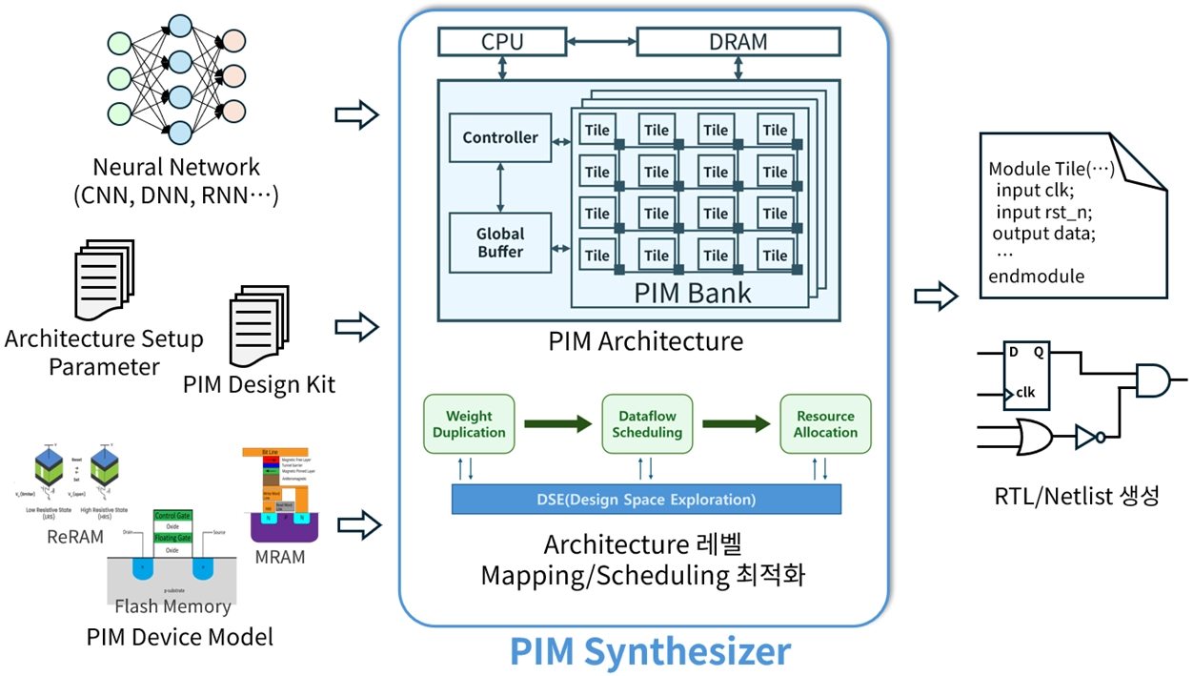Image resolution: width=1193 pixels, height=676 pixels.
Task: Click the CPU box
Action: pyautogui.click(x=502, y=42)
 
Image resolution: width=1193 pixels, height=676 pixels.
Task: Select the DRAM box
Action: pyautogui.click(x=738, y=42)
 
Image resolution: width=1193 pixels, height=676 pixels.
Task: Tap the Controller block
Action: pyautogui.click(x=500, y=138)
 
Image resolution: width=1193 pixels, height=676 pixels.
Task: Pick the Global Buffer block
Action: pyautogui.click(x=500, y=242)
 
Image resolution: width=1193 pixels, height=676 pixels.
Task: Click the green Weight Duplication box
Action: pyautogui.click(x=469, y=424)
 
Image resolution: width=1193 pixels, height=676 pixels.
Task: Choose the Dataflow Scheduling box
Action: pyautogui.click(x=647, y=424)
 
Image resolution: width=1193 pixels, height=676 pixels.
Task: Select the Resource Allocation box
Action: pyautogui.click(x=825, y=424)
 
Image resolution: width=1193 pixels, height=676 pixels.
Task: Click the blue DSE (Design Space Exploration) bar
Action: pyautogui.click(x=646, y=500)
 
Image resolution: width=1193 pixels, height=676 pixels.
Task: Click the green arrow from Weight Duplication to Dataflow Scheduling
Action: pyautogui.click(x=557, y=424)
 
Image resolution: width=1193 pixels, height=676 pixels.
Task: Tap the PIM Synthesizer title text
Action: pyautogui.click(x=650, y=651)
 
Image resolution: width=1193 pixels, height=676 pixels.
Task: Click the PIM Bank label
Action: pyautogui.click(x=693, y=292)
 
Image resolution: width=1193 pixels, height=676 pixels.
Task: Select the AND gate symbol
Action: pyautogui.click(x=1150, y=380)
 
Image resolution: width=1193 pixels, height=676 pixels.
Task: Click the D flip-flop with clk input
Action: pyautogui.click(x=1026, y=376)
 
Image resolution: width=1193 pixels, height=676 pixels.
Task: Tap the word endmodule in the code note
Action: pyautogui.click(x=1037, y=277)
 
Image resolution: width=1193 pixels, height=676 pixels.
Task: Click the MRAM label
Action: pyautogui.click(x=280, y=556)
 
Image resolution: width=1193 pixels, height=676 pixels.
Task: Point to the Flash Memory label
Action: pyautogui.click(x=172, y=606)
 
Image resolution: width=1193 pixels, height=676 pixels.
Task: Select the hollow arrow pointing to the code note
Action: pyautogui.click(x=935, y=296)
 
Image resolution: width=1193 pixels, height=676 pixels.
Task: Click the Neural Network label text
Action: pyautogui.click(x=176, y=168)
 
